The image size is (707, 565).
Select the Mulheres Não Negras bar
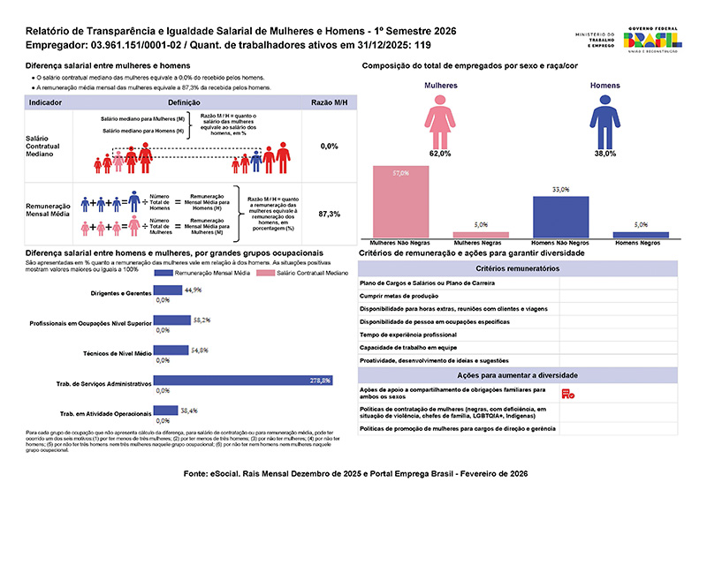[401, 201]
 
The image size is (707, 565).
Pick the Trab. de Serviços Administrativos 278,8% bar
[244, 380]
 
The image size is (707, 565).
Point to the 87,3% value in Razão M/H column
[329, 215]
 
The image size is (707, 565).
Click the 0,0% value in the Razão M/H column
[329, 146]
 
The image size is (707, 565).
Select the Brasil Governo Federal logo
[651, 41]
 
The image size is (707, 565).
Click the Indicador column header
[45, 103]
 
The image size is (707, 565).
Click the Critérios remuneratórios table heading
[518, 268]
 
